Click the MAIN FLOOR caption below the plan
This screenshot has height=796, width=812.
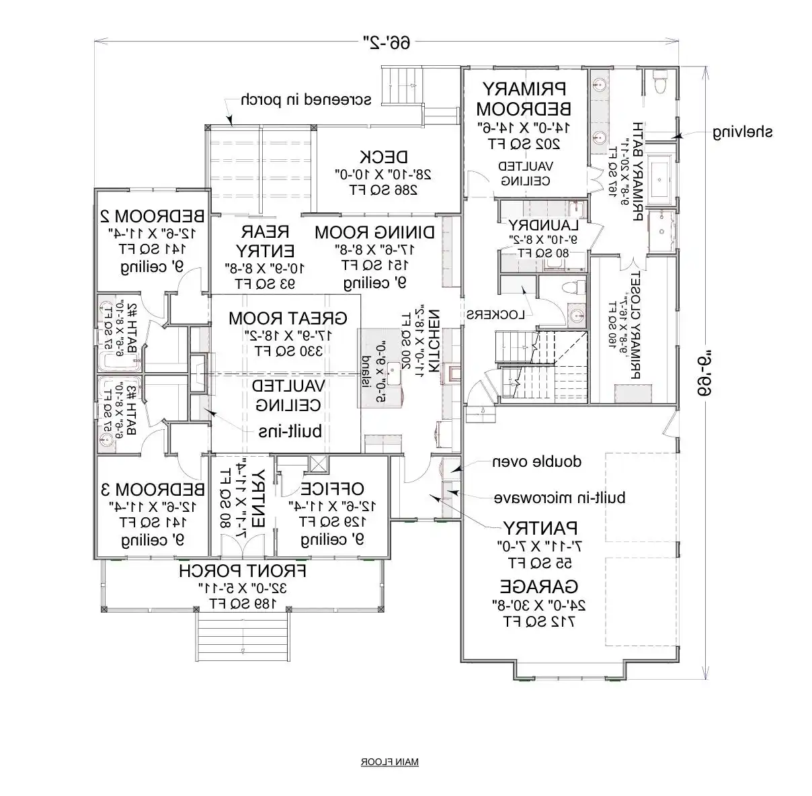coord(390,762)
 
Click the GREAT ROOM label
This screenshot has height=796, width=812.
coord(287,317)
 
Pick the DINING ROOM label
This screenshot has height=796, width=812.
coord(374,232)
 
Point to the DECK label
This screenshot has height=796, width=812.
coord(383,157)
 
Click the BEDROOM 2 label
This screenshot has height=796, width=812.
coord(152,216)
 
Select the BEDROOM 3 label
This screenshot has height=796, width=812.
coord(152,488)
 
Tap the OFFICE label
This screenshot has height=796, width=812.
coord(332,488)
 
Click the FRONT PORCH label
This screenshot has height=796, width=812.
coord(243,571)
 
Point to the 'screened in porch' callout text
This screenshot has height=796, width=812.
coord(306,100)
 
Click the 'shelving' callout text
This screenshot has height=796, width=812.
coord(743,132)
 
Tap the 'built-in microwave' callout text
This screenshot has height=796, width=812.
coord(560,498)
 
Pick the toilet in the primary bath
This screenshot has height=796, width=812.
coord(658,83)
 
